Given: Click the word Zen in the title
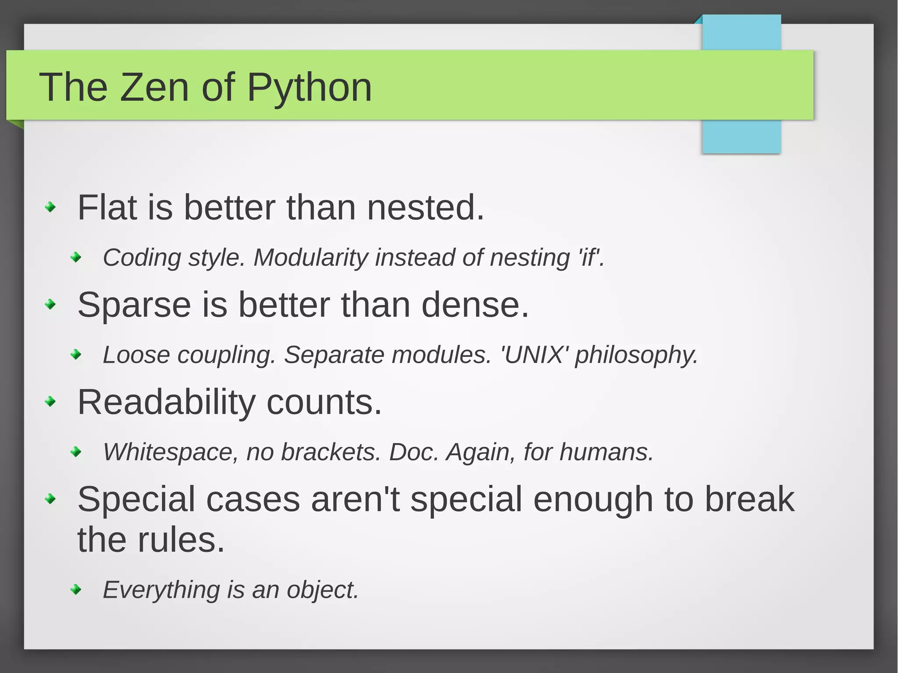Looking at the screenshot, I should click(154, 87).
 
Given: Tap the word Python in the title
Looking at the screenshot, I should click(309, 87).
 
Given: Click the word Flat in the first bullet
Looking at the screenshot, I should click(107, 207).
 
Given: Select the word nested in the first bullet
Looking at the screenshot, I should click(425, 207).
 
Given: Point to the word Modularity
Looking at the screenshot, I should click(310, 257).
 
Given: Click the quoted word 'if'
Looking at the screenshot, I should click(590, 257).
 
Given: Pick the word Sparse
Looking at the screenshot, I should click(134, 305).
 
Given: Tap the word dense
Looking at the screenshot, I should click(474, 305).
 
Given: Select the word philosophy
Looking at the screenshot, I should click(636, 355).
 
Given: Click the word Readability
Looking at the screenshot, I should click(166, 402).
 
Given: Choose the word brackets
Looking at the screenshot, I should click(331, 452).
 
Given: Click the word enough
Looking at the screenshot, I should click(593, 500).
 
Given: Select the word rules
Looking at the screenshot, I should click(181, 540).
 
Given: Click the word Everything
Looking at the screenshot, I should click(161, 590).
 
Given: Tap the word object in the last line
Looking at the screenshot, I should click(322, 590).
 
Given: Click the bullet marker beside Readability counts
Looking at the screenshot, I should click(51, 401).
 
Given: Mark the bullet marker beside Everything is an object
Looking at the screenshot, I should click(76, 589).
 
